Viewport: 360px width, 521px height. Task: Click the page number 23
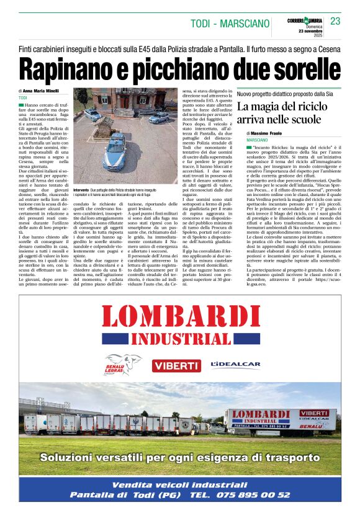335,21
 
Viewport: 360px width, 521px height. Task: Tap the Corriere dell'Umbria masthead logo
305,22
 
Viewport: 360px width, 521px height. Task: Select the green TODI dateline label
23,98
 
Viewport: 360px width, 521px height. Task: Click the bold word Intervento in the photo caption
81,189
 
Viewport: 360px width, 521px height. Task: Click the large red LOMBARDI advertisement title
180,317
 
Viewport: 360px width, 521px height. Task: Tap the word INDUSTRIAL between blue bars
180,339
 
